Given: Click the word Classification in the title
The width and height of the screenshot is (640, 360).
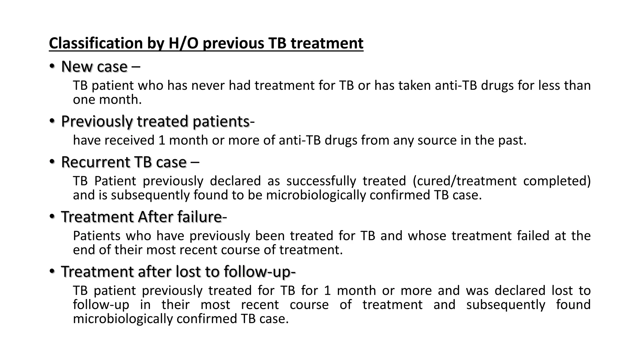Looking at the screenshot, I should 96,43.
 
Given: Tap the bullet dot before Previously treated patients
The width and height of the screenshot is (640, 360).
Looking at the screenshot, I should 52,121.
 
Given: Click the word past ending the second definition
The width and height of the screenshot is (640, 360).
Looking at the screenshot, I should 511,140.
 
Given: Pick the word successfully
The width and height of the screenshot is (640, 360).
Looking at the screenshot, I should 321,181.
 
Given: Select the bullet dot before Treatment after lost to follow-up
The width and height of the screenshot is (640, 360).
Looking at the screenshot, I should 52,272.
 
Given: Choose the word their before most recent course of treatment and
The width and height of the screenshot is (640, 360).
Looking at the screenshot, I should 175,305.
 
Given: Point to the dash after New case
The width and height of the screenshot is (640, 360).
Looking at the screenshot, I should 136,67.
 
